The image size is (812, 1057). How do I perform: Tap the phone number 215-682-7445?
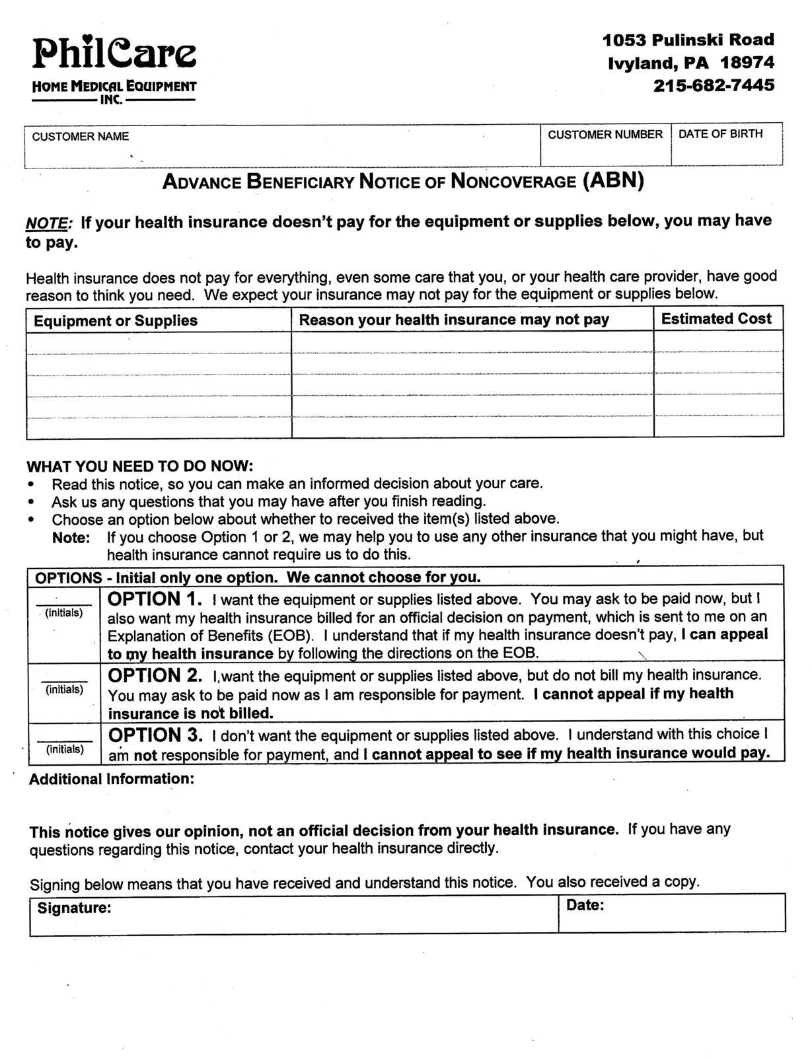714,86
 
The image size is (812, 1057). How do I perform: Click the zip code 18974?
747,63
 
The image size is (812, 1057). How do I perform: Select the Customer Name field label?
80,137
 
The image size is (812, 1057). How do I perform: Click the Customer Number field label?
605,135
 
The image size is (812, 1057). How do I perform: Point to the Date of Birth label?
720,134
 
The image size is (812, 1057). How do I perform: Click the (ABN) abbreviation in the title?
612,180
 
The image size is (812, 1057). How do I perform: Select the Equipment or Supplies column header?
116,321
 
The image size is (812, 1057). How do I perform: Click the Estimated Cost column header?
716,319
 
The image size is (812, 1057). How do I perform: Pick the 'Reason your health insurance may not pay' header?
454,320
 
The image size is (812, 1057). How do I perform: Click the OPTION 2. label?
155,676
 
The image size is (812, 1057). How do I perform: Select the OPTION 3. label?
155,735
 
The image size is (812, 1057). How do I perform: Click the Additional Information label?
112,780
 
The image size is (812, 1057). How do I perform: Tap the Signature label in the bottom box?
74,908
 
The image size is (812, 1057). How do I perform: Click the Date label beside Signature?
585,906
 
